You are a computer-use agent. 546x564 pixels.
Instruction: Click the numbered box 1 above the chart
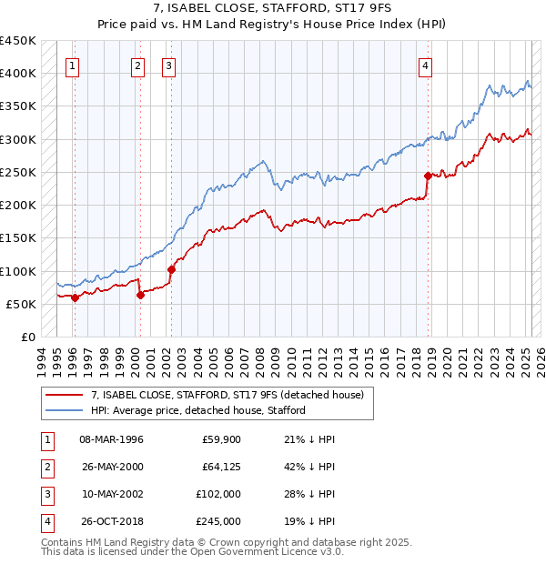coord(72,65)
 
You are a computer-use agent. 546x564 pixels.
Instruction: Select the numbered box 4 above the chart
coord(425,65)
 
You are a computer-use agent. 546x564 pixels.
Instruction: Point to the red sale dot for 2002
coord(171,269)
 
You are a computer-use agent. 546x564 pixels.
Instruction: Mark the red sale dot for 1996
coord(75,297)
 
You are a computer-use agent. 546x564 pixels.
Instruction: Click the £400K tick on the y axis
coord(18,73)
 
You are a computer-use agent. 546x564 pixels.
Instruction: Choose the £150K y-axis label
coord(18,237)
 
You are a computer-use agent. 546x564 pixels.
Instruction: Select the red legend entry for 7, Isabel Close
coord(227,395)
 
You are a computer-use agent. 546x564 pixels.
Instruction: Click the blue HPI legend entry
coord(197,410)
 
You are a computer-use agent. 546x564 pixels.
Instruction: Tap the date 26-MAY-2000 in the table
coord(113,468)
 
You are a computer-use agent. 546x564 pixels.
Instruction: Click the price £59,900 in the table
coord(221,440)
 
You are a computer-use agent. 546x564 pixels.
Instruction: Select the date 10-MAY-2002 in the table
coord(113,494)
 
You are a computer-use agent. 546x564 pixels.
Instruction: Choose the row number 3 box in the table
coord(45,494)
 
